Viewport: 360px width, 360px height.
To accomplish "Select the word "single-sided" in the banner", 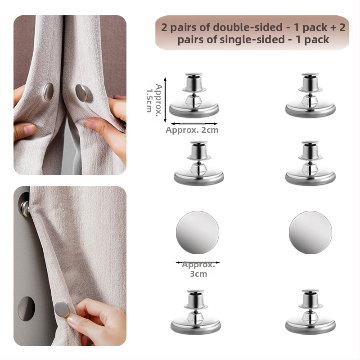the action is point(252,40).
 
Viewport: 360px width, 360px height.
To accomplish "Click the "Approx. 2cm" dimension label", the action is point(192,130).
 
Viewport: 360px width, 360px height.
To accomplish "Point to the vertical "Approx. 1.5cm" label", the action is point(154,98).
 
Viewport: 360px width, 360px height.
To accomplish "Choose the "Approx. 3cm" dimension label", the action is point(198,269).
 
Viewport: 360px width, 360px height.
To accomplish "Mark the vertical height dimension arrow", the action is point(165,100).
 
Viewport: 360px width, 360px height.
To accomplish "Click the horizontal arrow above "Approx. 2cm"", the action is point(194,124).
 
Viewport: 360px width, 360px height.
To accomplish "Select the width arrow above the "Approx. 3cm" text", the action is point(198,262).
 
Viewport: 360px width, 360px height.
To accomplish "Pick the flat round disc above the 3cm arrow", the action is point(198,232).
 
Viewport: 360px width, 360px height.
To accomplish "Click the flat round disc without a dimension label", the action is point(310,232).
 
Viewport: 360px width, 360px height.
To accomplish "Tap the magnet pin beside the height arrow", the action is point(194,95).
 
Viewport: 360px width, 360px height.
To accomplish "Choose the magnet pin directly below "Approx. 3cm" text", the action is point(196,312).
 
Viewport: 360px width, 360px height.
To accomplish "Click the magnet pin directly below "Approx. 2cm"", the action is point(199,163).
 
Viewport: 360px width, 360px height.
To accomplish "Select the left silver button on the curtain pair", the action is point(49,92).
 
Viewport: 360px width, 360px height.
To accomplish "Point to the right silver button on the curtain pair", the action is point(81,93).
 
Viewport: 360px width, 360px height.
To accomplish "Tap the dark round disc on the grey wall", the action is point(27,308).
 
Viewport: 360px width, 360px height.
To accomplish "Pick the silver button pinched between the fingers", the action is point(62,309).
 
